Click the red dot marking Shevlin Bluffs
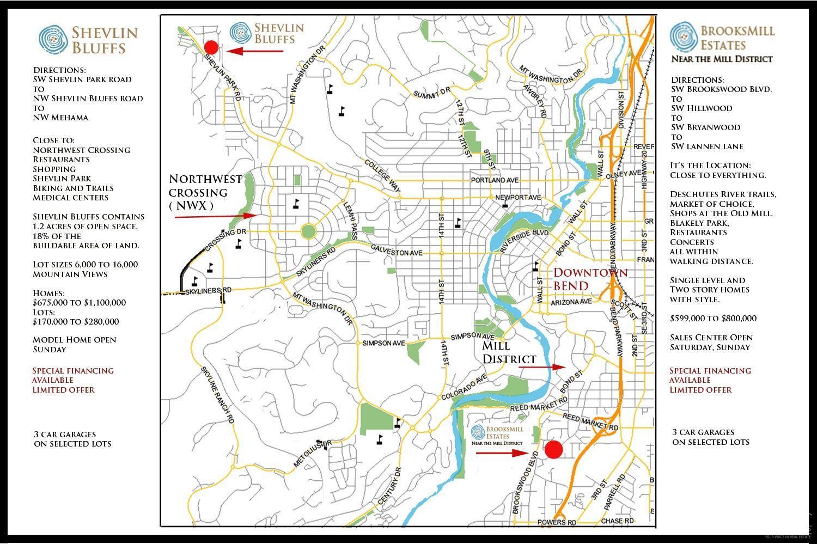pos(211,47)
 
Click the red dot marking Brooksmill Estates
pos(553,450)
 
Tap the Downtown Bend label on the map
pos(590,279)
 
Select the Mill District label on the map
pos(509,352)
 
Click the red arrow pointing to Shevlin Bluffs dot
pos(255,51)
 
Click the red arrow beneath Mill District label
pos(542,368)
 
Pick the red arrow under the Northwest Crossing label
pos(216,217)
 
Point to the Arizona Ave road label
pos(571,302)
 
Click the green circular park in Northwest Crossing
pos(308,231)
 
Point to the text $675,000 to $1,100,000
pos(79,303)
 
